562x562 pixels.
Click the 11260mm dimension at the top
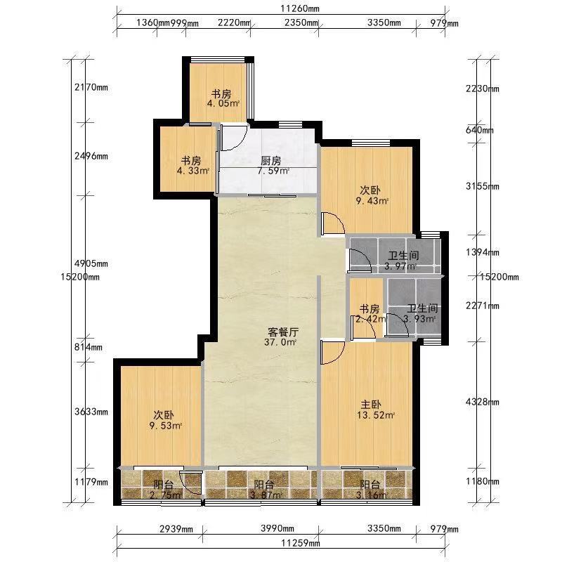tap(300, 8)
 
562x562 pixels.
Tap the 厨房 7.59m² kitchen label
tap(271, 166)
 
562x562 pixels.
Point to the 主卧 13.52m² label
tap(374, 410)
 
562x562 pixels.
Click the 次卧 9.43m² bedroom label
tap(372, 195)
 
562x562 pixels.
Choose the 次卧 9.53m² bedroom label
tap(165, 420)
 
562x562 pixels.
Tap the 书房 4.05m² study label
tap(222, 98)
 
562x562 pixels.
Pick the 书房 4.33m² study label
tap(192, 165)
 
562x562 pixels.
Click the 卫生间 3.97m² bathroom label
tap(402, 261)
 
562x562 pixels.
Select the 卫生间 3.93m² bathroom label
tap(421, 313)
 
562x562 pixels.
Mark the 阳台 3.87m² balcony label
tap(265, 490)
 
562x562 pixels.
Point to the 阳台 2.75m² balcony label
tap(164, 490)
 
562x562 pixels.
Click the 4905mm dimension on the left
tap(91, 263)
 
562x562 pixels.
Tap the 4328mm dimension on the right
tap(483, 402)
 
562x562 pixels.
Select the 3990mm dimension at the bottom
tap(277, 528)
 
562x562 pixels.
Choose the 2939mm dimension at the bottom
tap(176, 529)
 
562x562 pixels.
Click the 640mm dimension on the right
tap(480, 130)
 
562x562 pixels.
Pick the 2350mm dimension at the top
tap(301, 22)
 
